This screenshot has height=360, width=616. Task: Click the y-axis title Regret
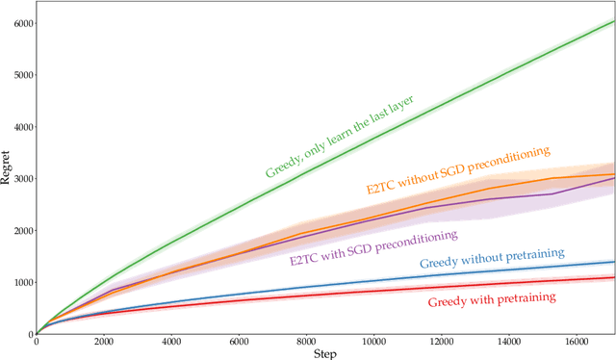pos(7,164)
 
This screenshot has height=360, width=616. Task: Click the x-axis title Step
pos(325,353)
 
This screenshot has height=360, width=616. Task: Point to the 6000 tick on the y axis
pos(22,23)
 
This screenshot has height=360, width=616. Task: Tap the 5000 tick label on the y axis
pos(22,75)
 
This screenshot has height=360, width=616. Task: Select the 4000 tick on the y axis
pos(22,127)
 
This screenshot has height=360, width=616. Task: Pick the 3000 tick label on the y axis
pos(22,179)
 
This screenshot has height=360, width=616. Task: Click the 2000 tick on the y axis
pos(22,231)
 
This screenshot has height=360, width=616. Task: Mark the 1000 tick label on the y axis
pos(22,283)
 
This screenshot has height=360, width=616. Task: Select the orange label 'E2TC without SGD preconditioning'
pos(457,170)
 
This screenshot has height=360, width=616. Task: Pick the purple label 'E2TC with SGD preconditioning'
pos(373,246)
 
